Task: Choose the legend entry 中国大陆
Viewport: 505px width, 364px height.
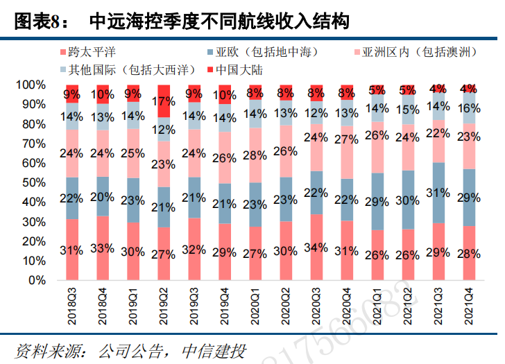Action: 238,69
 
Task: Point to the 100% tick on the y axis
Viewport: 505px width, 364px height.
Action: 31,85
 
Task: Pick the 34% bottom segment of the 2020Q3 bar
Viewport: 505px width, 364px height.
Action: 317,248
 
